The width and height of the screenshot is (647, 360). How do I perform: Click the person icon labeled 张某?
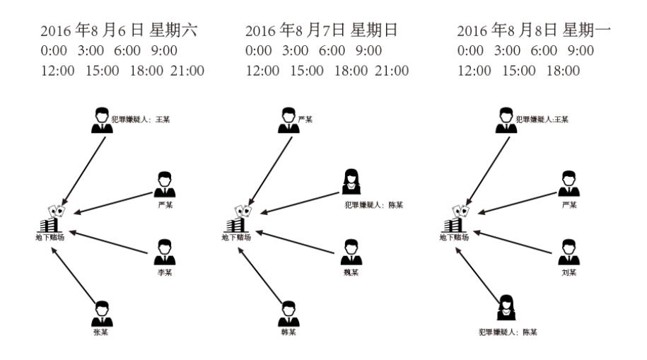(x=102, y=312)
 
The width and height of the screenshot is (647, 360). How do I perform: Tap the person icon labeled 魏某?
(x=351, y=251)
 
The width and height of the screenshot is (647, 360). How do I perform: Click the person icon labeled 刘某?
(x=569, y=251)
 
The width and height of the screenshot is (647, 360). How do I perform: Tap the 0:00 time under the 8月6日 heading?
(x=54, y=51)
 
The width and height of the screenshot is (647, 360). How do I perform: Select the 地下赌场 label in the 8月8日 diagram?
(x=453, y=238)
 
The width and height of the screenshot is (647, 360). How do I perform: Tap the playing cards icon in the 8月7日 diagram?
(x=245, y=210)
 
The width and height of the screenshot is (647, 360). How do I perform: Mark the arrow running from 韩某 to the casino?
(x=261, y=273)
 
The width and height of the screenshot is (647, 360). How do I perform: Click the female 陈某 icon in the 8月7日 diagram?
(x=349, y=182)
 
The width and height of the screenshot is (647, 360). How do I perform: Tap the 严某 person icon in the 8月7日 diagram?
(x=288, y=120)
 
